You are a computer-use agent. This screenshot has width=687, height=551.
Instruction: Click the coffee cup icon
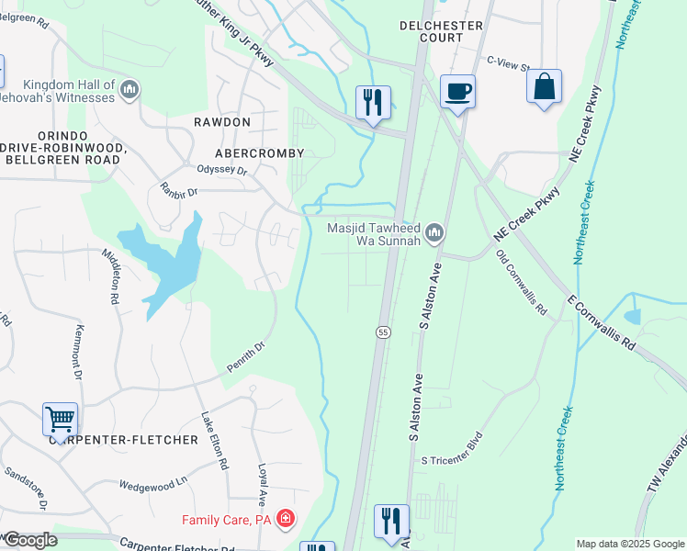pyautogui.click(x=456, y=92)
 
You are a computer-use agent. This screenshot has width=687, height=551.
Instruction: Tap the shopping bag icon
pyautogui.click(x=545, y=87)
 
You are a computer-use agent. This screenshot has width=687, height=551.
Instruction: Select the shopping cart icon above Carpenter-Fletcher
pyautogui.click(x=60, y=420)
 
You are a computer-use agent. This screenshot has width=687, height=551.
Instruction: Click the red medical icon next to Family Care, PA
pyautogui.click(x=286, y=520)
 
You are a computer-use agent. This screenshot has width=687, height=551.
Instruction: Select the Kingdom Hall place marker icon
pyautogui.click(x=130, y=89)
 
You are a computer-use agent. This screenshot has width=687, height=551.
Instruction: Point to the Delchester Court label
pyautogui.click(x=443, y=32)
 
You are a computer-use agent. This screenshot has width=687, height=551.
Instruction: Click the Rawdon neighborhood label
pyautogui.click(x=221, y=122)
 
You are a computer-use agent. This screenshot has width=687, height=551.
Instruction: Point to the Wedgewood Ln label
pyautogui.click(x=153, y=484)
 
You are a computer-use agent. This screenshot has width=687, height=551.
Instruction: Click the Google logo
pyautogui.click(x=29, y=540)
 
